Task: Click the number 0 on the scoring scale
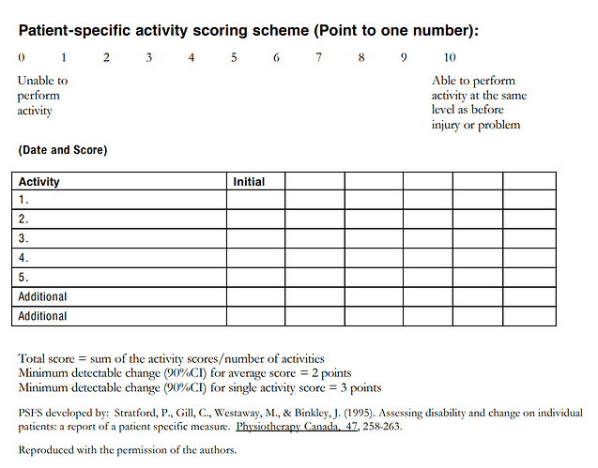tap(22, 58)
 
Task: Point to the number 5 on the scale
tap(234, 58)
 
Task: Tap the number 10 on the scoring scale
tap(450, 58)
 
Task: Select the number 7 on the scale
tap(319, 58)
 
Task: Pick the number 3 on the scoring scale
tap(149, 58)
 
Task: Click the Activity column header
tap(39, 181)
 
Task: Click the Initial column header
tap(249, 181)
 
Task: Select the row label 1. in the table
tap(23, 200)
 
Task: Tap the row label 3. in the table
tap(23, 238)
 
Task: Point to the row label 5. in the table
tap(23, 277)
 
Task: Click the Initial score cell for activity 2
tap(255, 219)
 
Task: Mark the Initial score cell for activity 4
tap(255, 258)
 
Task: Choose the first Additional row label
tap(43, 296)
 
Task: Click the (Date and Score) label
tap(62, 150)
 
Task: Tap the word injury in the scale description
tap(447, 125)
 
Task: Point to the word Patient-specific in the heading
tap(76, 31)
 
